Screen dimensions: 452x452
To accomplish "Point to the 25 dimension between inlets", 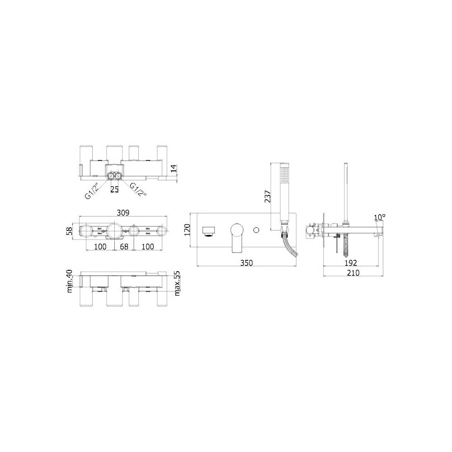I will [x=115, y=189].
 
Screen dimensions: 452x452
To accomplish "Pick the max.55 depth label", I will [x=177, y=283].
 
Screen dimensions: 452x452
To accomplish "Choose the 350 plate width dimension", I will [x=246, y=263].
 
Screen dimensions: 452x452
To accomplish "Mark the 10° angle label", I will [x=379, y=217].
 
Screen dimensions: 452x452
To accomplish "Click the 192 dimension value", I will [x=351, y=263].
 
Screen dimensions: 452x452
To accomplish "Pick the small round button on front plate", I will [x=256, y=231].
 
